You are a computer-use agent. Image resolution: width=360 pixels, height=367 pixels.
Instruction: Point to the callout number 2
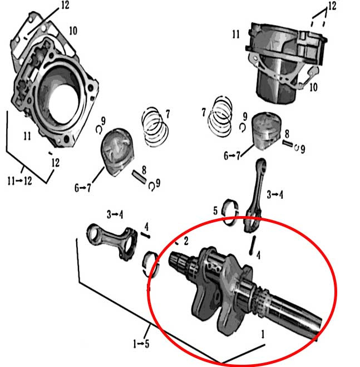click(x=186, y=240)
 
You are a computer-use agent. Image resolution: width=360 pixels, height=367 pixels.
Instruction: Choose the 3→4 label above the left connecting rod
click(x=115, y=214)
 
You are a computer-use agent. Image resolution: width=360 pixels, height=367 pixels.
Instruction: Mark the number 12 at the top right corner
click(x=332, y=6)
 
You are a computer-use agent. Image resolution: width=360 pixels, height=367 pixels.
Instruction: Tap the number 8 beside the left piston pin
click(x=144, y=169)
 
